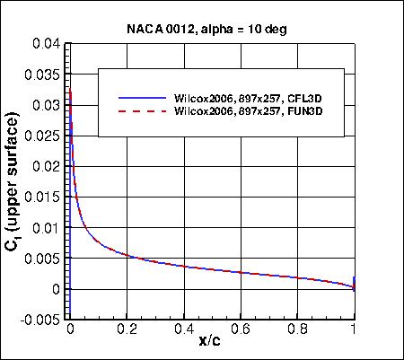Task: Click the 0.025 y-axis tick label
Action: (x=45, y=136)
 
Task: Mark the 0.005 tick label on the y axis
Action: (x=45, y=259)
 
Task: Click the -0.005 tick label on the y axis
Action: (x=42, y=320)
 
